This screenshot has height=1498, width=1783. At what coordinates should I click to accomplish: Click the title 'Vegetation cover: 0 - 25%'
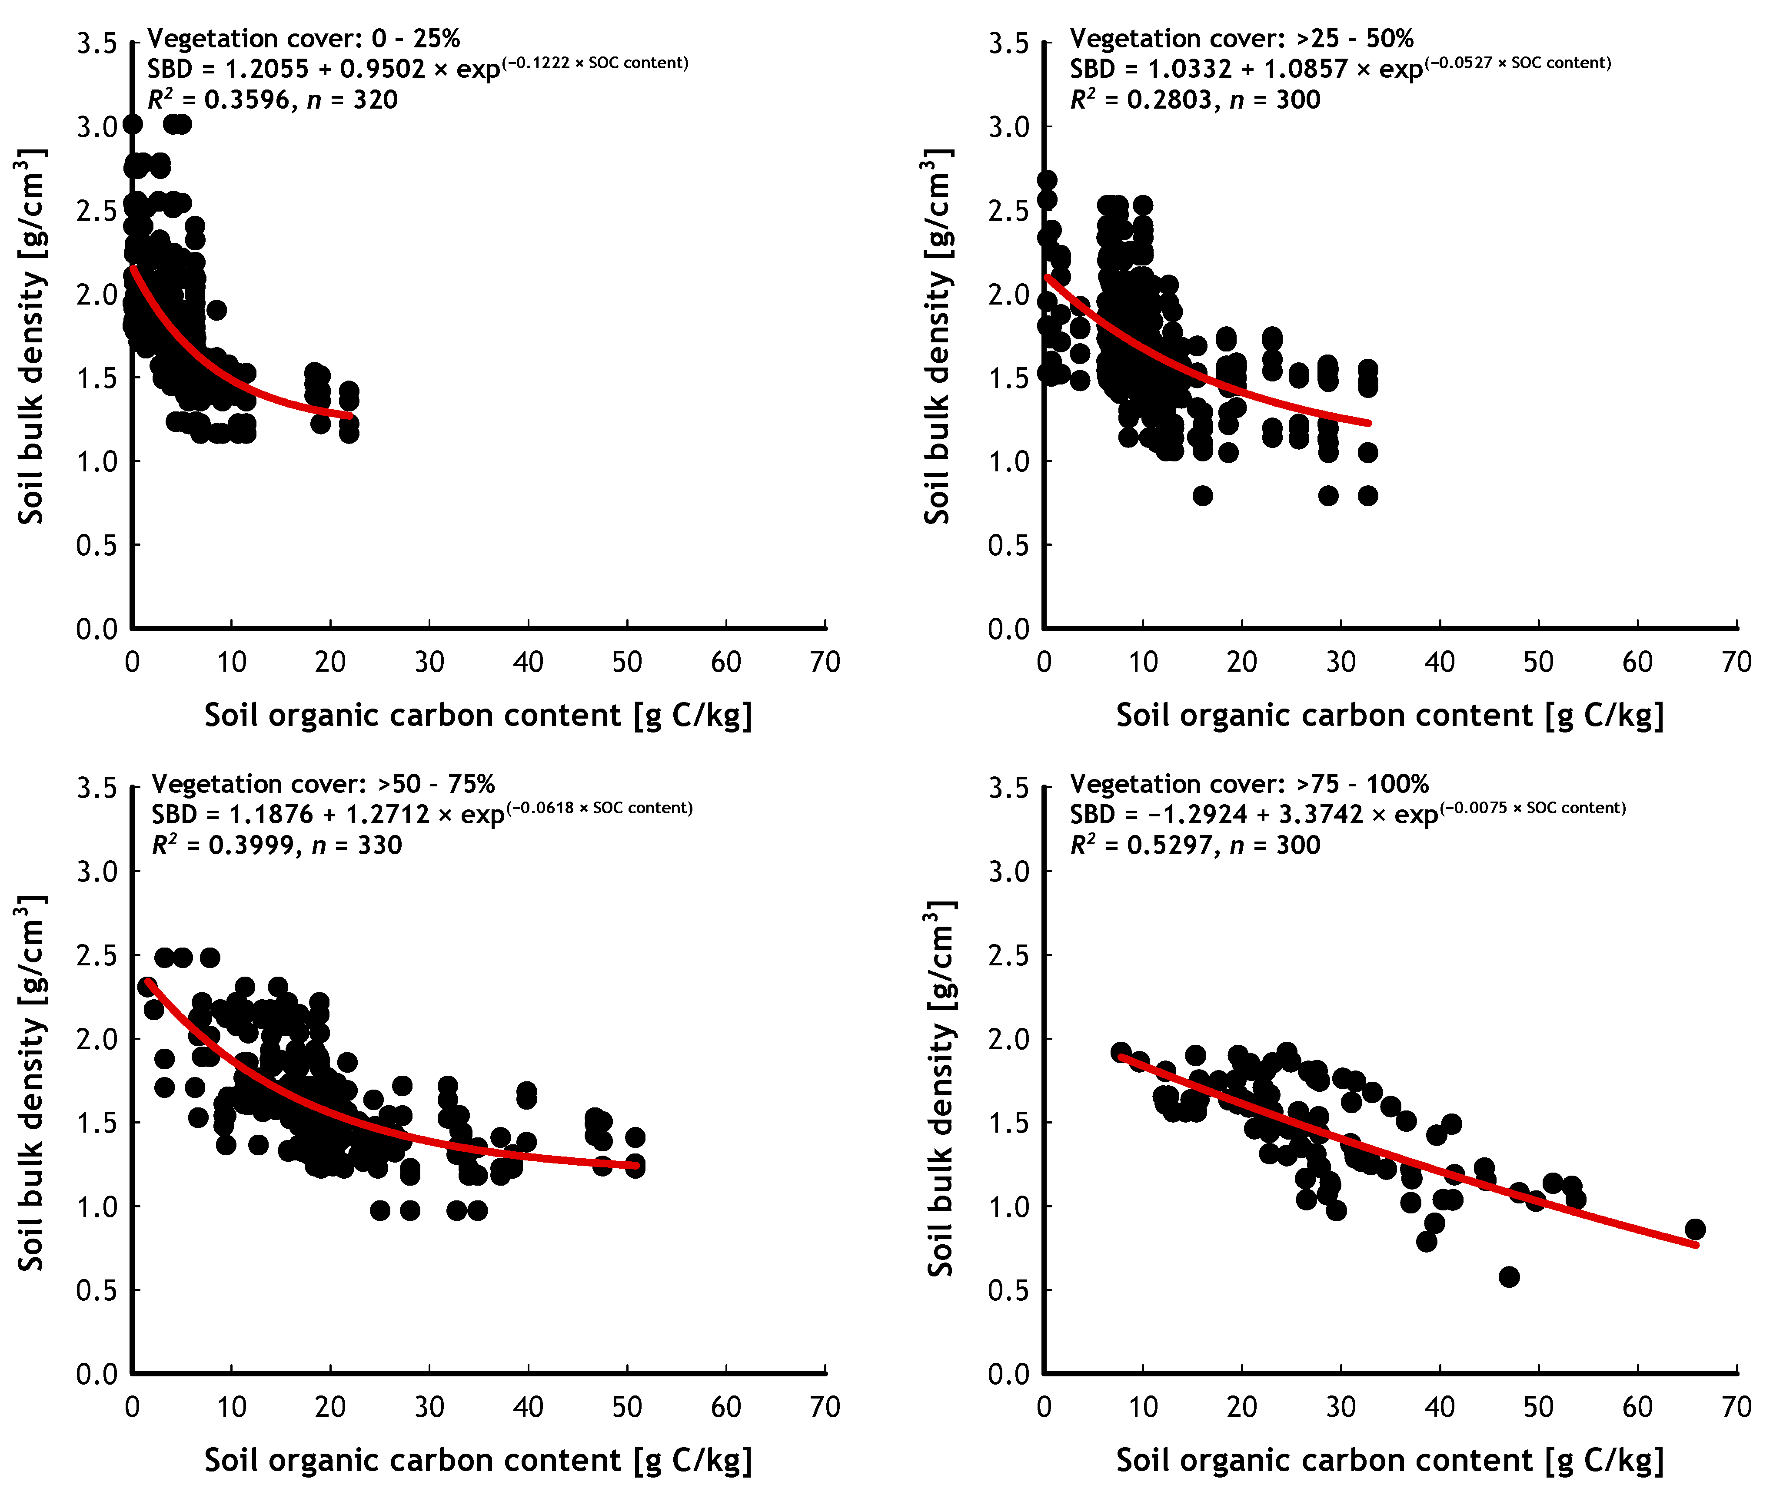point(303,38)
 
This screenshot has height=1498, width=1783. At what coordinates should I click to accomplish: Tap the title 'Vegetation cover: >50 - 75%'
point(323,784)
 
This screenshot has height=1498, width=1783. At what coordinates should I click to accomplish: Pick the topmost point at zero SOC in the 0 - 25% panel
point(133,124)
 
